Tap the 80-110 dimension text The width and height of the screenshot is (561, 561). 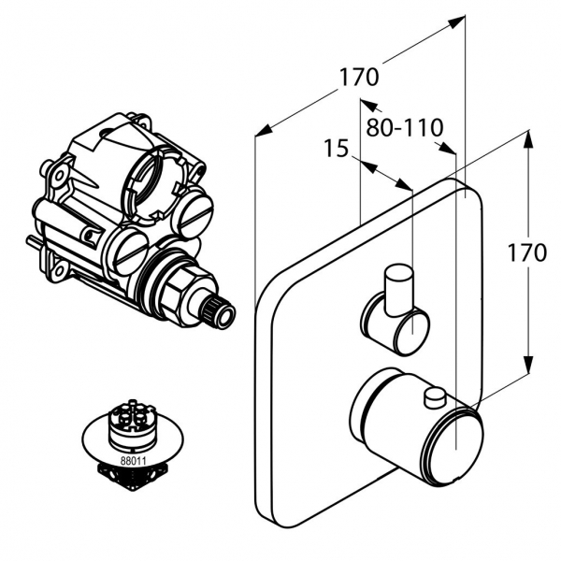(404, 127)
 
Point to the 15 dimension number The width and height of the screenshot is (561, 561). (337, 148)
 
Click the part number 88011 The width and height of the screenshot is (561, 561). (134, 461)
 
